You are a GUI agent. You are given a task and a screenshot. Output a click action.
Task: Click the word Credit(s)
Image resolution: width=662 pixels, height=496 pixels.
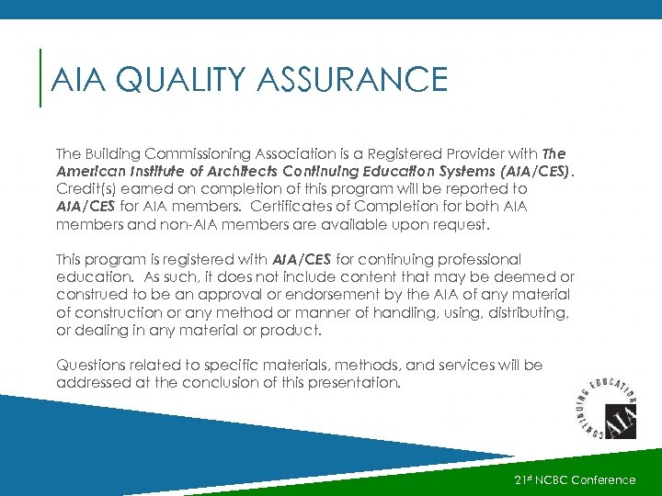(x=85, y=187)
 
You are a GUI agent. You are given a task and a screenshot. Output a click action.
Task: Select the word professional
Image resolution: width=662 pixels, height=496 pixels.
(x=474, y=260)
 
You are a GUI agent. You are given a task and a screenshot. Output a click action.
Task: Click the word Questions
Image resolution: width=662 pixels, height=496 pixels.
(x=90, y=365)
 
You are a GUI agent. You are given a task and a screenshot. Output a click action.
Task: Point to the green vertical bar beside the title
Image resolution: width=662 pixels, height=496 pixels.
(x=41, y=78)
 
